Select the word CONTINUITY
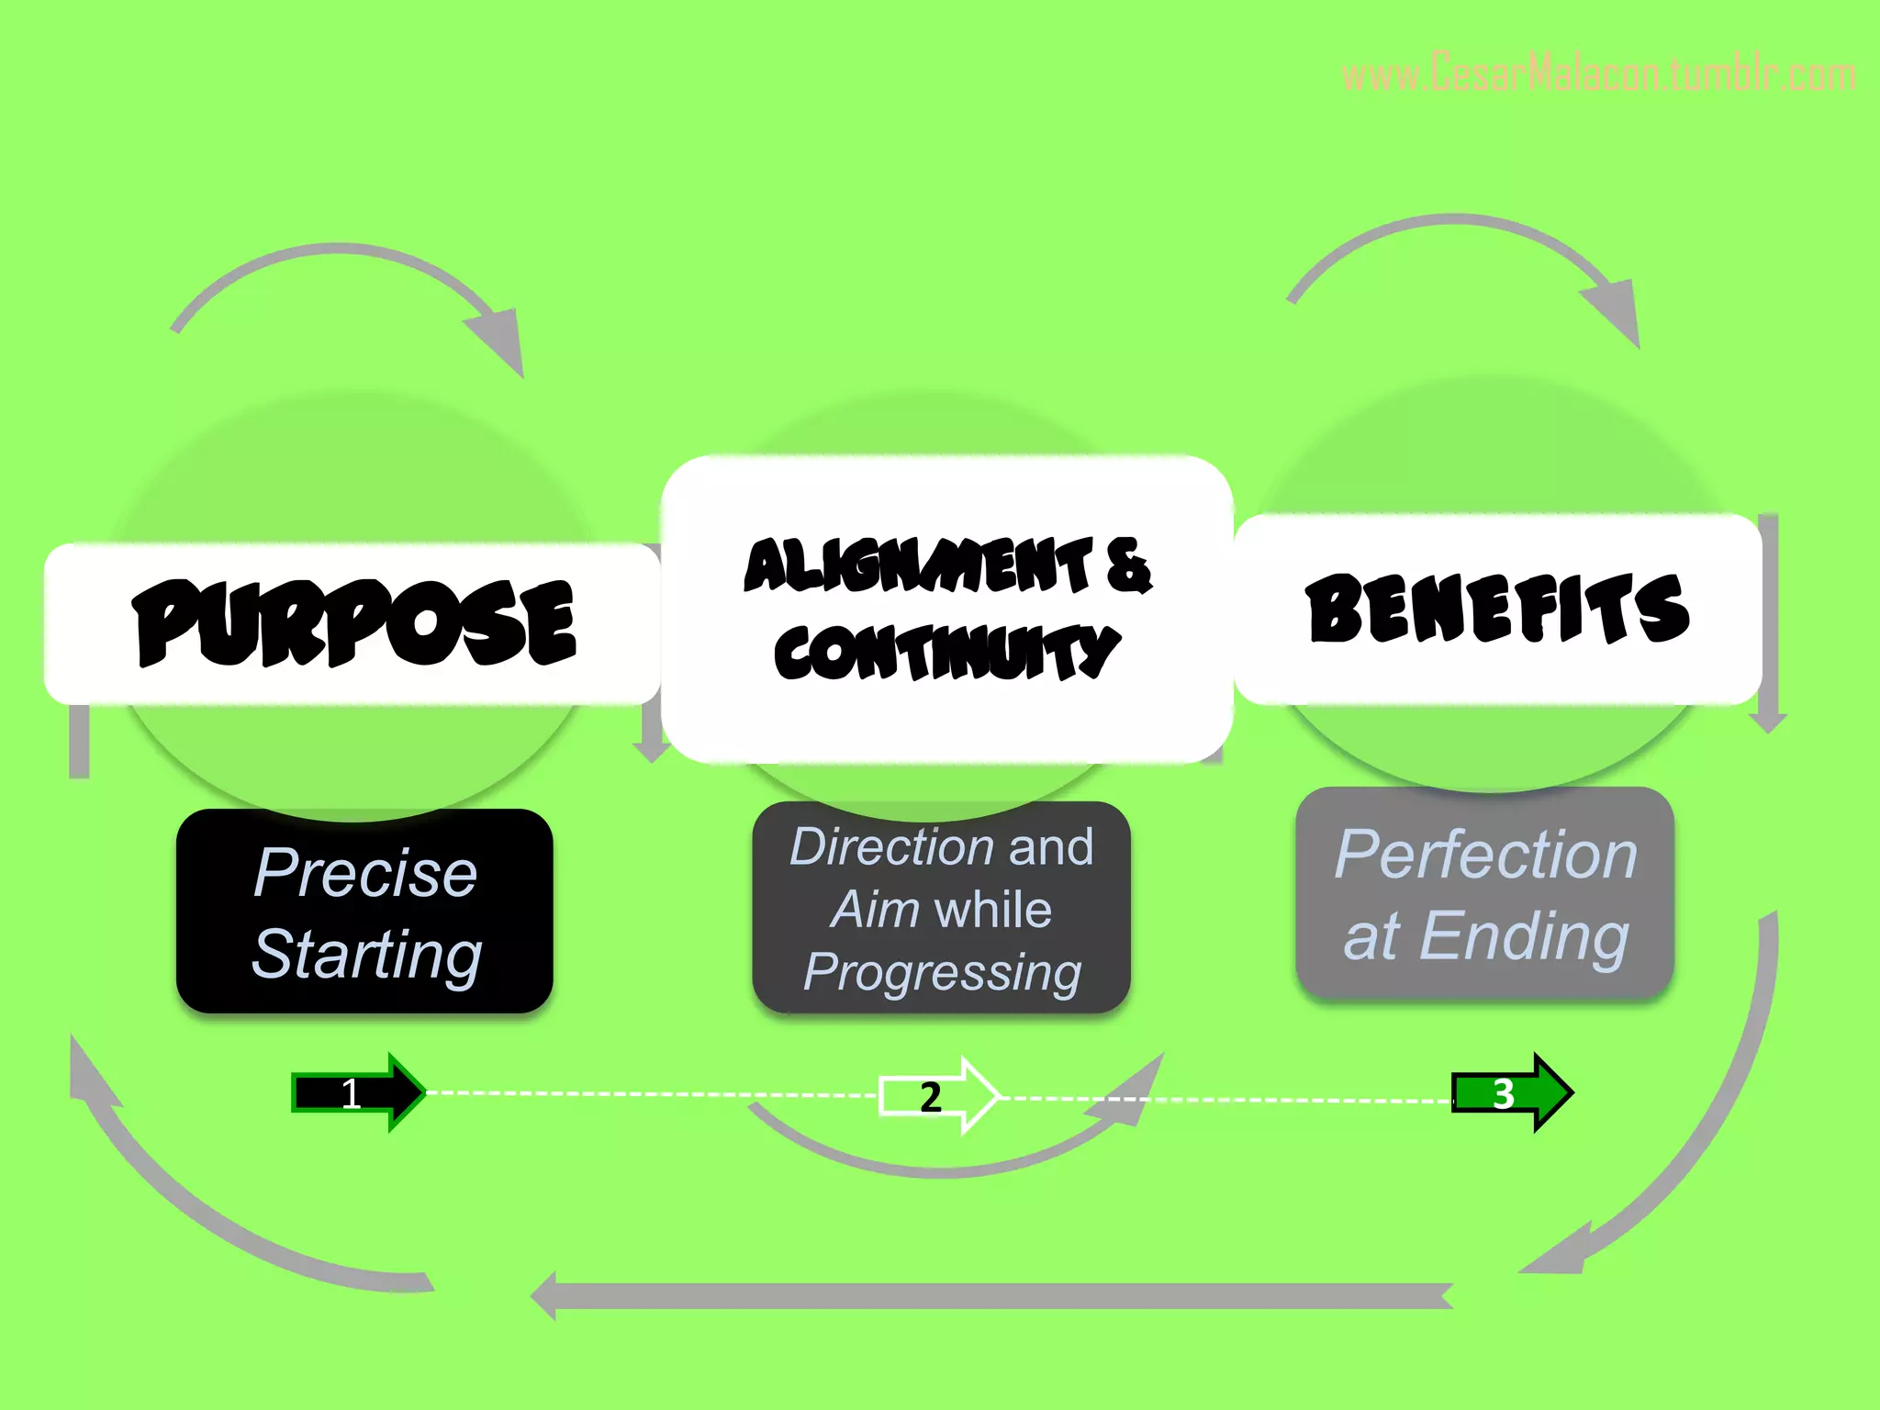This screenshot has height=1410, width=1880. [946, 653]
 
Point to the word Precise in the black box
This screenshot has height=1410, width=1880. [364, 872]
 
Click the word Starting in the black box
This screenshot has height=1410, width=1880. [366, 955]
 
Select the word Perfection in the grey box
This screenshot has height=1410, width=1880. [1485, 855]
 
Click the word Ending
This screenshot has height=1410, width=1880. [1524, 937]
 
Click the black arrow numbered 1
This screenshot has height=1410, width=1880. [358, 1092]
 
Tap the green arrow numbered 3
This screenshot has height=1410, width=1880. [1511, 1092]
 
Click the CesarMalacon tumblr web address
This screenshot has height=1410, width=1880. [1597, 74]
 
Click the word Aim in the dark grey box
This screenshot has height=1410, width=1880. [875, 910]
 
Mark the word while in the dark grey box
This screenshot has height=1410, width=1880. [992, 910]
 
